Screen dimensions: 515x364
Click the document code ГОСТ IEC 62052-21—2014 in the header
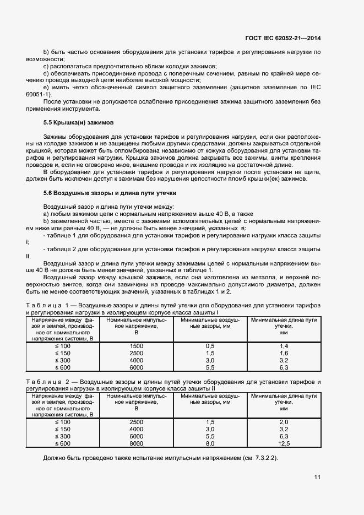(282, 38)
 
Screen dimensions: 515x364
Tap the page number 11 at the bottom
(317, 477)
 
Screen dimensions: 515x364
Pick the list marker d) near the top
(46, 73)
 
